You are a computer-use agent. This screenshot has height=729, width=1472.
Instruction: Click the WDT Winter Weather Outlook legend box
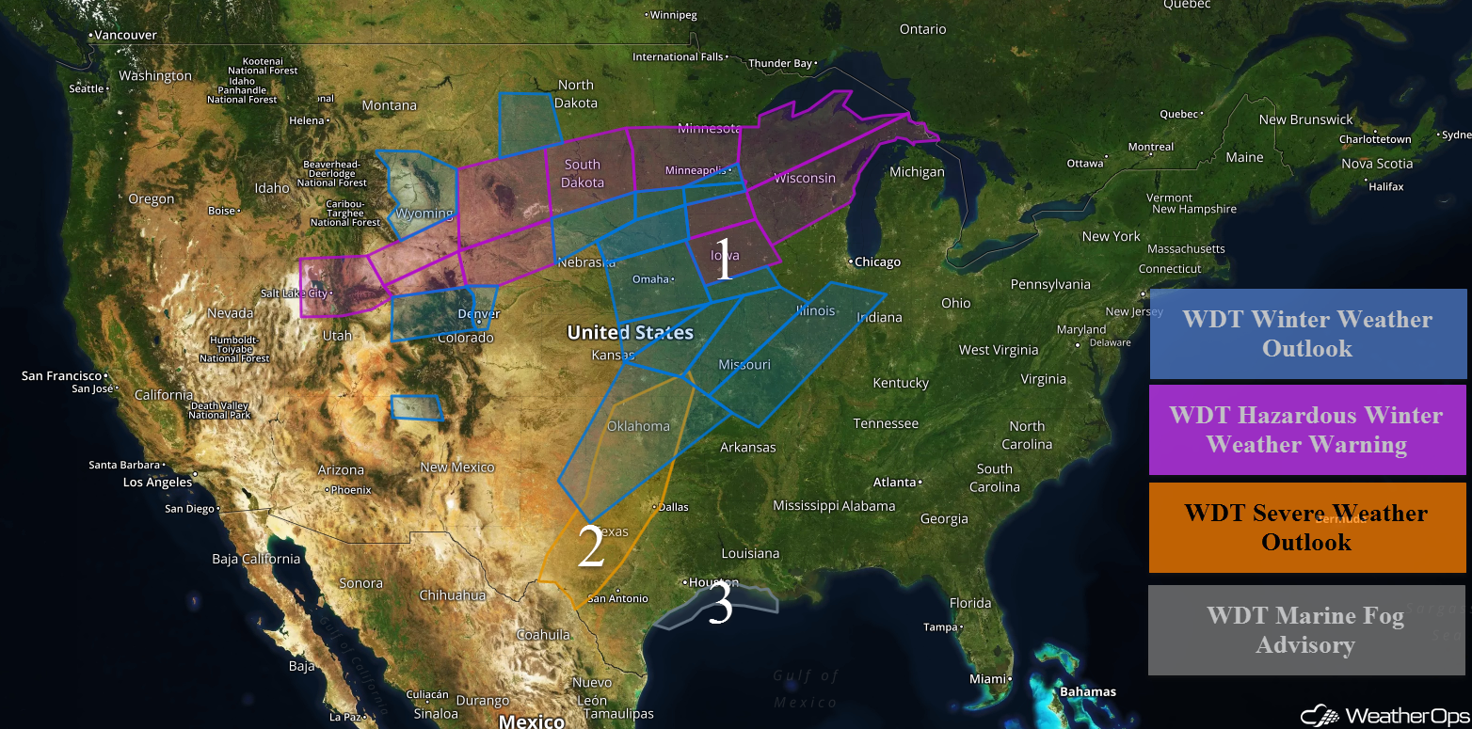(x=1307, y=334)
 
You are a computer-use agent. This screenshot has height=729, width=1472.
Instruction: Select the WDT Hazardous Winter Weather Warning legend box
(x=1306, y=429)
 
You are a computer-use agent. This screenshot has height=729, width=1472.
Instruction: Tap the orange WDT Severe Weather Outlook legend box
(x=1306, y=527)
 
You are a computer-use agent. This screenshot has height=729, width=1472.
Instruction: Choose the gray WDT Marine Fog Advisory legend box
(x=1306, y=630)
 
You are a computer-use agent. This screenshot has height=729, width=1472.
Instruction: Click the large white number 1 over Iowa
(x=723, y=261)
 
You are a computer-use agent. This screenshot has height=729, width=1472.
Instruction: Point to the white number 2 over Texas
(x=590, y=547)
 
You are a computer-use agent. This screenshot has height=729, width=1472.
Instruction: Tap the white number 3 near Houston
(x=720, y=606)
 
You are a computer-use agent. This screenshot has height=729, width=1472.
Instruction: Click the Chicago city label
(x=877, y=261)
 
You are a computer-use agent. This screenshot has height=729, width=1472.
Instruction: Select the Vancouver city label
(x=125, y=35)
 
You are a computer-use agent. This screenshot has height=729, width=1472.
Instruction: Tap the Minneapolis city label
(x=696, y=170)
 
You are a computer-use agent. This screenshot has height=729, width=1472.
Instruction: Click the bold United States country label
(x=630, y=332)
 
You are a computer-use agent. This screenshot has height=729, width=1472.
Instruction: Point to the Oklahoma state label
(x=638, y=426)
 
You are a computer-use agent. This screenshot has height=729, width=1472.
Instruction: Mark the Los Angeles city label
(x=157, y=483)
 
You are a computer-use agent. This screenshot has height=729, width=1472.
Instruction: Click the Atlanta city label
(x=895, y=483)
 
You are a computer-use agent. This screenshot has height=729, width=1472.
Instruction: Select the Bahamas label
(x=1088, y=692)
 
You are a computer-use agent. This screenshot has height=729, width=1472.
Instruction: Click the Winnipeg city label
(x=673, y=15)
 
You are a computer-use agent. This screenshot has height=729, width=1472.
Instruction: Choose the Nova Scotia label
(x=1377, y=164)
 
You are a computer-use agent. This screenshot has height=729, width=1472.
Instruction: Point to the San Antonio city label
(x=617, y=598)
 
